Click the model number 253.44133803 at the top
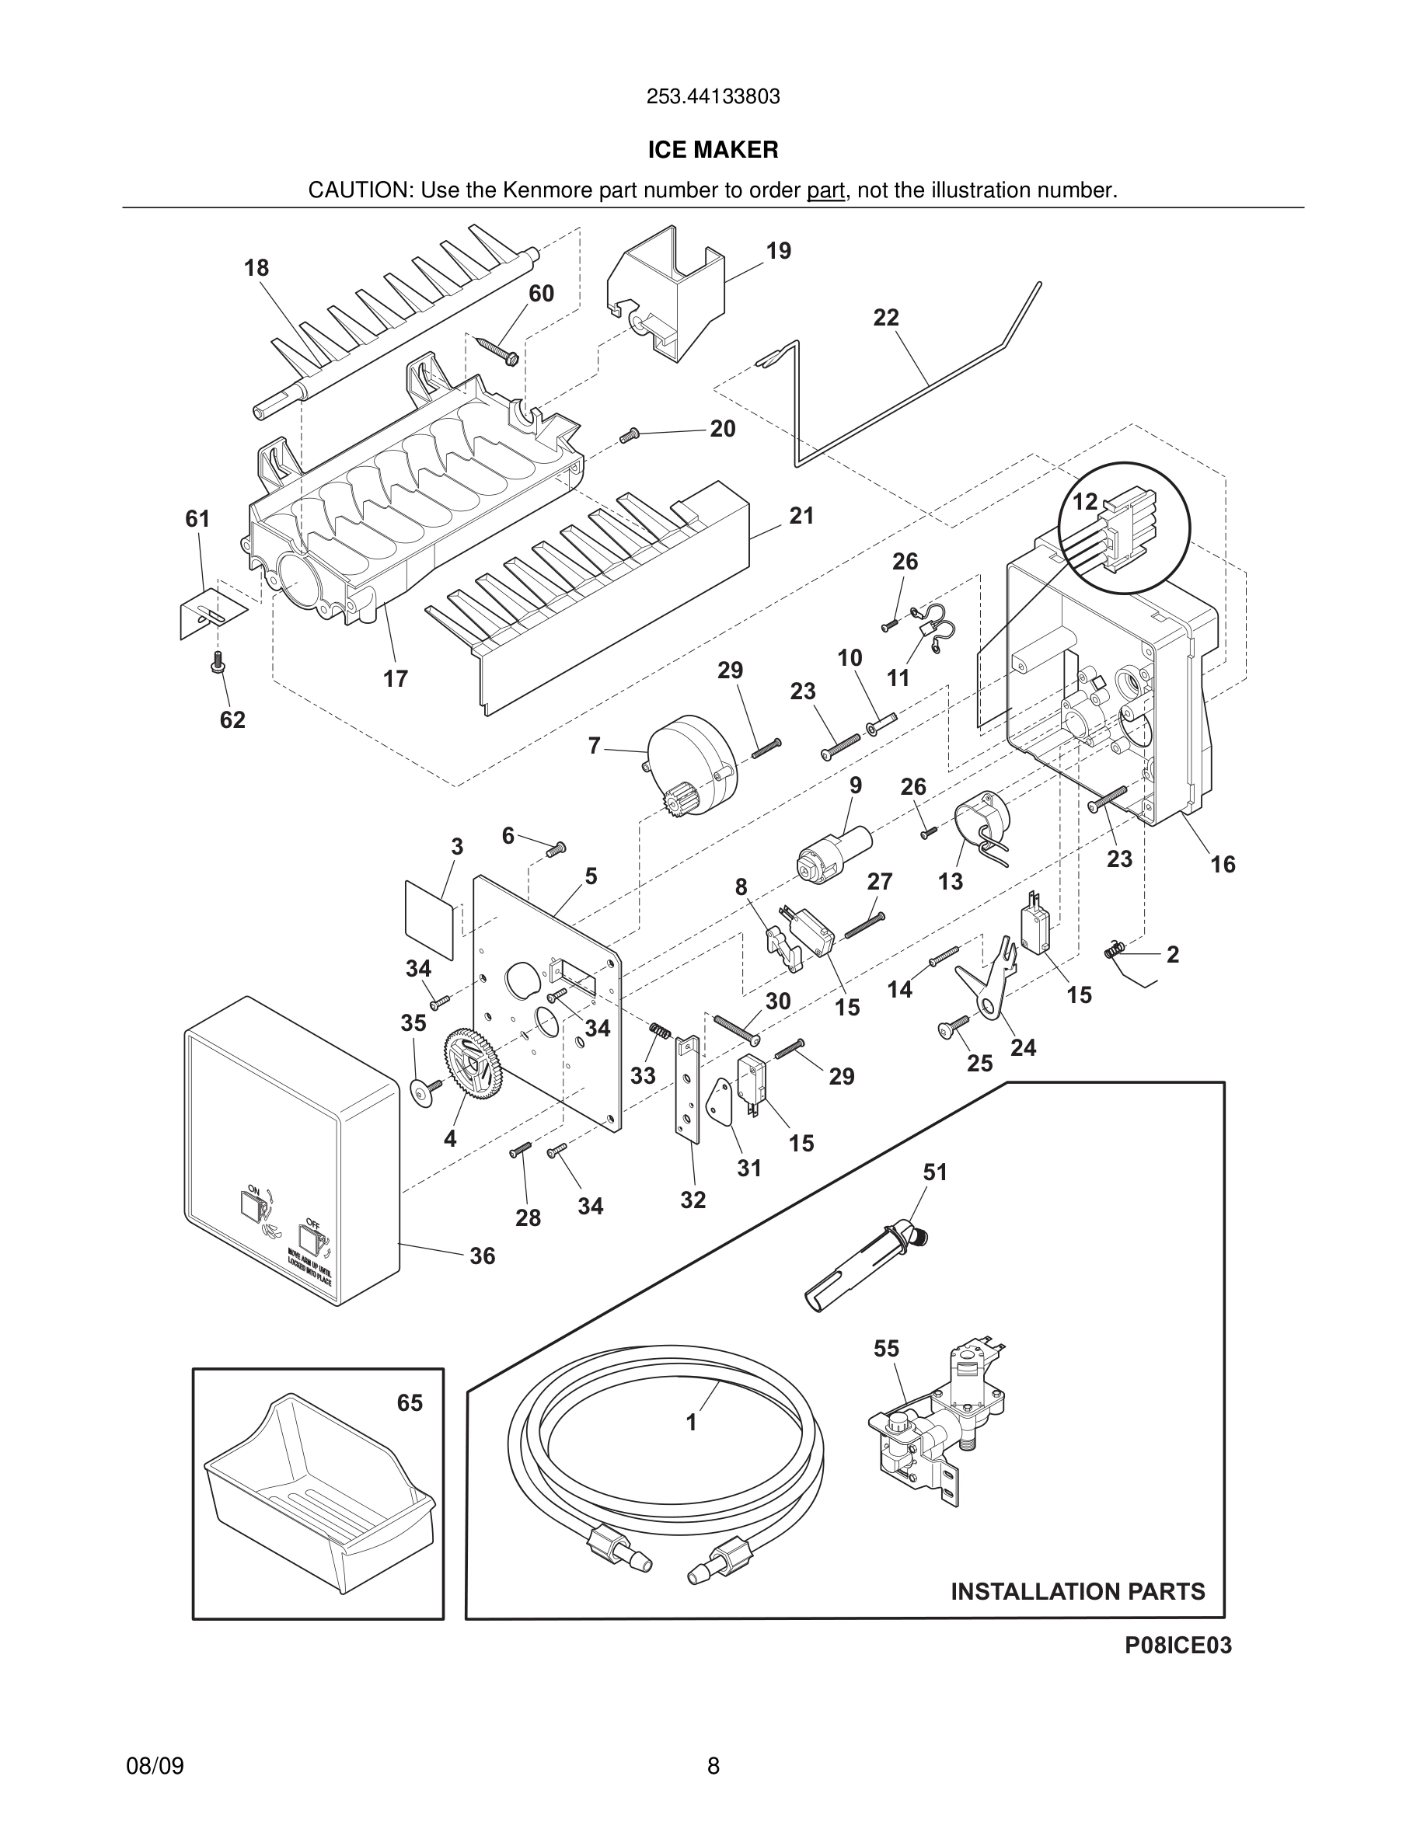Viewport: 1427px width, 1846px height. (713, 97)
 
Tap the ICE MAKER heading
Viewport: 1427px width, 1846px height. (713, 150)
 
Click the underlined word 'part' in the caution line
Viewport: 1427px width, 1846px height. (825, 191)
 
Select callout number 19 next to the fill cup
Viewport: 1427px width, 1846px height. (778, 251)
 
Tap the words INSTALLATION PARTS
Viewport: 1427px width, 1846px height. (1077, 1592)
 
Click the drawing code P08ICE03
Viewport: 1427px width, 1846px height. (1178, 1670)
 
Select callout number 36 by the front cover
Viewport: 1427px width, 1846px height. (482, 1256)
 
